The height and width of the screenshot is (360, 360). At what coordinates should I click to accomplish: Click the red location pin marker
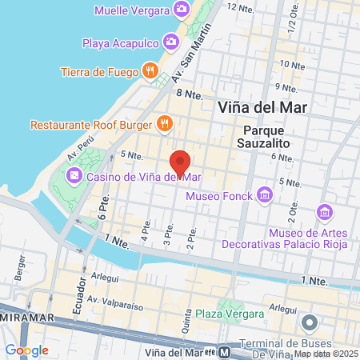181,162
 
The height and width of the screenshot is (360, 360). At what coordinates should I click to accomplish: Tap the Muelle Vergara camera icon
182,10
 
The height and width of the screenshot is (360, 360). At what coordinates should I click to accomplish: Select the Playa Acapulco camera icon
170,42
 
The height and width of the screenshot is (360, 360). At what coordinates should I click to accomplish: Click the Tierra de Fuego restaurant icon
150,72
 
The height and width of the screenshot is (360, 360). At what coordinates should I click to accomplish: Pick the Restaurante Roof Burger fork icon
164,123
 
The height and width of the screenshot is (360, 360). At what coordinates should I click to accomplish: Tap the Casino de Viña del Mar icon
74,175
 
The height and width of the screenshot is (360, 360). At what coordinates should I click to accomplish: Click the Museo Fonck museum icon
264,195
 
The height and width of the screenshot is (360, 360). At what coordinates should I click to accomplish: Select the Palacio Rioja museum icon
325,212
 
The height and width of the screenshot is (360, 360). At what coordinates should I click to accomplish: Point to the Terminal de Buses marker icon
309,322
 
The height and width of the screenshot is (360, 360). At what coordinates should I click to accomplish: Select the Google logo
26,350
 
